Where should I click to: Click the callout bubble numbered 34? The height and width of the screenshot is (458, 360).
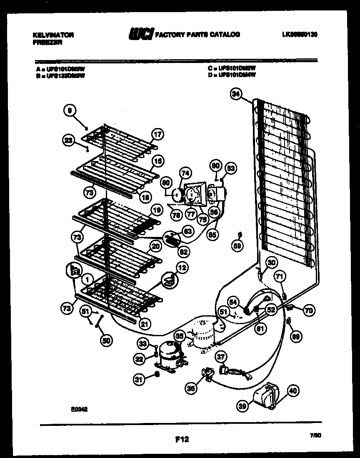coord(236,95)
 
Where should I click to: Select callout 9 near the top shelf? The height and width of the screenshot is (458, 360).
coord(70,111)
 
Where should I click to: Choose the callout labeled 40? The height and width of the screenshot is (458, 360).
coord(293,391)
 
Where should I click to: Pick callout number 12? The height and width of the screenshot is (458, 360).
coord(181,267)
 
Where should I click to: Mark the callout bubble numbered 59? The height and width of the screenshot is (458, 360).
coord(237,246)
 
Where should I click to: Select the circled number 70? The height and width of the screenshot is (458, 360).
coord(309,310)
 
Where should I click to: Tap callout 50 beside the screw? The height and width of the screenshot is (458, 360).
coord(107,340)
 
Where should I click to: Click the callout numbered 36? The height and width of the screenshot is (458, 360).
coord(191,389)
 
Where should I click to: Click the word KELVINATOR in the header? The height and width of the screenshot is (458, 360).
coord(53,35)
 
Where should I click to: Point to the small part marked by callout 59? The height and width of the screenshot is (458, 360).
coord(239,234)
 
